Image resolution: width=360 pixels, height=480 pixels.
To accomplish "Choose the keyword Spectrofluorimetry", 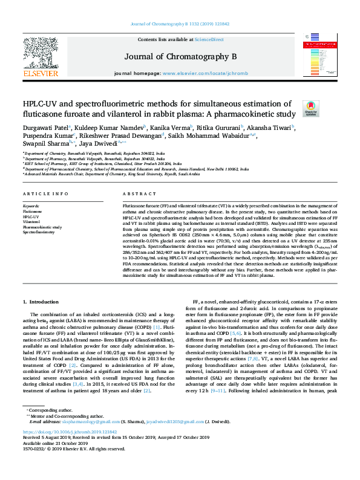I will click(38, 232).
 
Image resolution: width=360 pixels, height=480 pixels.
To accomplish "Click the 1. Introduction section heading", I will click(44, 300).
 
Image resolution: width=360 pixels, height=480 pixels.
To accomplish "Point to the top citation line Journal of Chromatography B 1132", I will click(180, 24).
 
